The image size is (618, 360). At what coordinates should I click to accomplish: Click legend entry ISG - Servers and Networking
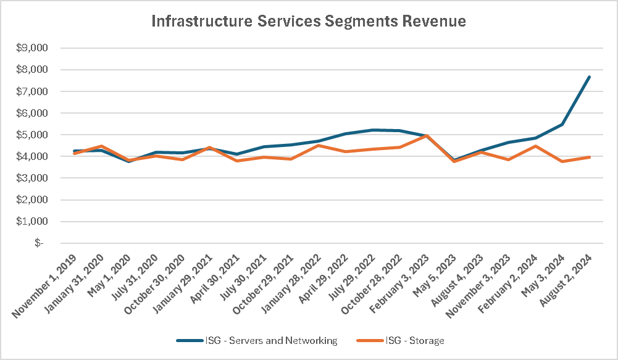257,340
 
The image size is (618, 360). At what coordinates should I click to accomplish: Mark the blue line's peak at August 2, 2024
589,77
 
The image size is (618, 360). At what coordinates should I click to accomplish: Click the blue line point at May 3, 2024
562,125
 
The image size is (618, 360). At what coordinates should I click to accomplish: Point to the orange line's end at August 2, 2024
589,157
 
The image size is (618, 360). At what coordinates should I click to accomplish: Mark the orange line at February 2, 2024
535,146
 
